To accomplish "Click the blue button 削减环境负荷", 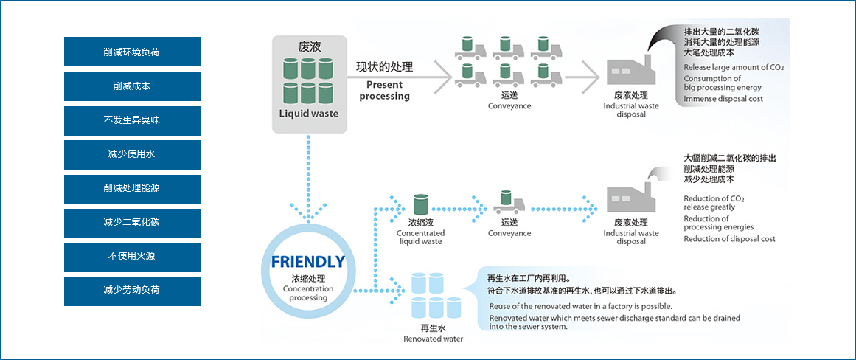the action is (132, 52).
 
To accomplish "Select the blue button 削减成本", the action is (132, 86).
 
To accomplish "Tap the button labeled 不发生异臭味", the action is (132, 121).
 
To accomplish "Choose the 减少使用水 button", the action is (132, 155).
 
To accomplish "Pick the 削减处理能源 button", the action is (132, 189).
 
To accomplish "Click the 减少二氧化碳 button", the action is (132, 223).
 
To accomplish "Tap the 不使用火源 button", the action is (132, 257).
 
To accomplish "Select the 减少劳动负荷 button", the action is (132, 291).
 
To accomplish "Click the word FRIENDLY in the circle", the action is (308, 262).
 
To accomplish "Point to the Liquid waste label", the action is (309, 114).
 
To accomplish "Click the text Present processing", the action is (384, 90).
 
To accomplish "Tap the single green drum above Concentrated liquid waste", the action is (420, 204).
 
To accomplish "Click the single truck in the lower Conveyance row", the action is (509, 202).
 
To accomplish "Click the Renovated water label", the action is (433, 339).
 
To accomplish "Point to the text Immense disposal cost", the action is (723, 99).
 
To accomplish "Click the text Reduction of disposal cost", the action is (729, 239).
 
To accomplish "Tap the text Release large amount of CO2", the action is (734, 68).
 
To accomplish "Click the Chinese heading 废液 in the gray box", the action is (309, 46).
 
